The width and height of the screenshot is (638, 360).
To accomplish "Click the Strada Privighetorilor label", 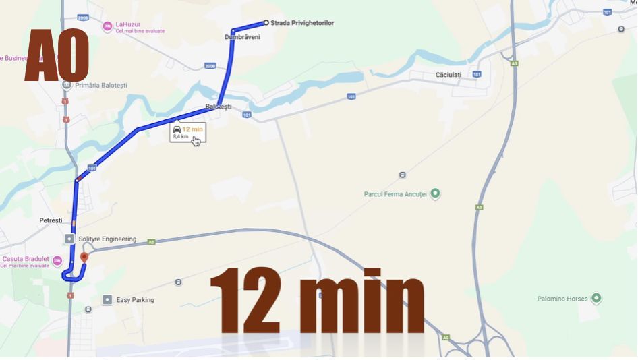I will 302,23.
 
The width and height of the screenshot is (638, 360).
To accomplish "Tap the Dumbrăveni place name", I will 242,37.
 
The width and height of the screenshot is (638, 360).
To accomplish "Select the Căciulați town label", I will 448,74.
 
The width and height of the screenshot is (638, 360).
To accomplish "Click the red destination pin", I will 84,257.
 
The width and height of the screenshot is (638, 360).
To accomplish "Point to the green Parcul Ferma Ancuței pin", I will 436,194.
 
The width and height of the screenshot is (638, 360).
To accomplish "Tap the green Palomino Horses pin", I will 596,298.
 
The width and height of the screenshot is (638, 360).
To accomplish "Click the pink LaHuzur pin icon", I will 107,26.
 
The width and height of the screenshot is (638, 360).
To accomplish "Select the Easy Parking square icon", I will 107,299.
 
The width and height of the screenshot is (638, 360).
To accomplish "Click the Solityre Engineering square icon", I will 69,239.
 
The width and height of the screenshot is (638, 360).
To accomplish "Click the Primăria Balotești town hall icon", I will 66,85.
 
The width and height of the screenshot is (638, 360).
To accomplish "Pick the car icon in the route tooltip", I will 177,129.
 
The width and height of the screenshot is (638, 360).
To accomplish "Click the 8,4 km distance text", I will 180,136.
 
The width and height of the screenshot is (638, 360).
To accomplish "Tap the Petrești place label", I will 51,220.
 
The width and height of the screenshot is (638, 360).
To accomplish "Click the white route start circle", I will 266,23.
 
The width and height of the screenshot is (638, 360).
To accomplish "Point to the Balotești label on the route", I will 219,107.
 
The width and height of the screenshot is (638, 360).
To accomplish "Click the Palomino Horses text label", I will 562,298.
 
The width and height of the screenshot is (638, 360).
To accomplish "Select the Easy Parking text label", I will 135,300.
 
